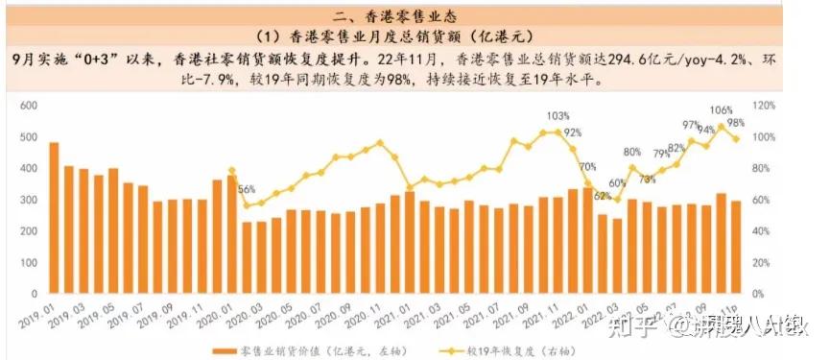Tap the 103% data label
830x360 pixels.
(557, 116)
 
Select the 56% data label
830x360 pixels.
(247, 190)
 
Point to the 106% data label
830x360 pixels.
(720, 110)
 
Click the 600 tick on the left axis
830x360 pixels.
(27, 105)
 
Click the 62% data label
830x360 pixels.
(601, 196)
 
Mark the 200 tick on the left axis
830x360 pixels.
(27, 230)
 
